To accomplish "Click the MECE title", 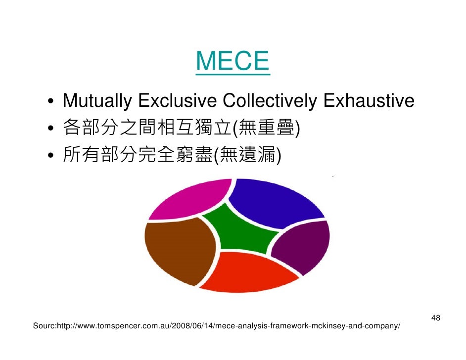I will [233, 61].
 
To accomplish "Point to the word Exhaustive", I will [369, 101].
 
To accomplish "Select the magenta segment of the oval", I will [190, 200].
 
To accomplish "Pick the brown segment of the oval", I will [178, 250].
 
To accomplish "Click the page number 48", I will [436, 317].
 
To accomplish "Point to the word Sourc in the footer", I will [44, 326].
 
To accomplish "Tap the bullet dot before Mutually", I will [51, 103].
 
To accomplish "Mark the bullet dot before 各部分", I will [51, 131].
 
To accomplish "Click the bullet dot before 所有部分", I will [51, 158].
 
